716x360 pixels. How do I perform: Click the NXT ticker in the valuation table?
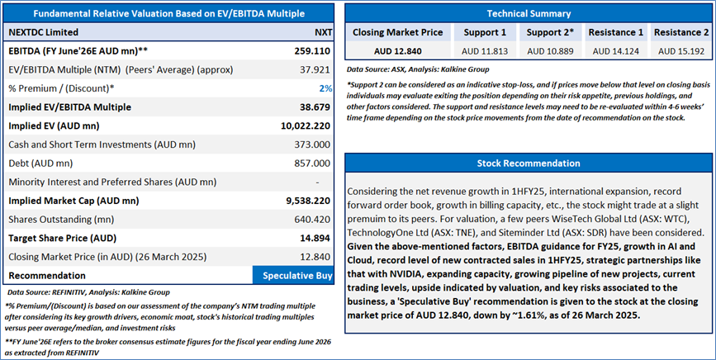324,32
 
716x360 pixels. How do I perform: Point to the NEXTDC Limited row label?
43,32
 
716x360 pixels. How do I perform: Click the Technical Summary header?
528,13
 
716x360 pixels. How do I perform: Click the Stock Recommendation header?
528,163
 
